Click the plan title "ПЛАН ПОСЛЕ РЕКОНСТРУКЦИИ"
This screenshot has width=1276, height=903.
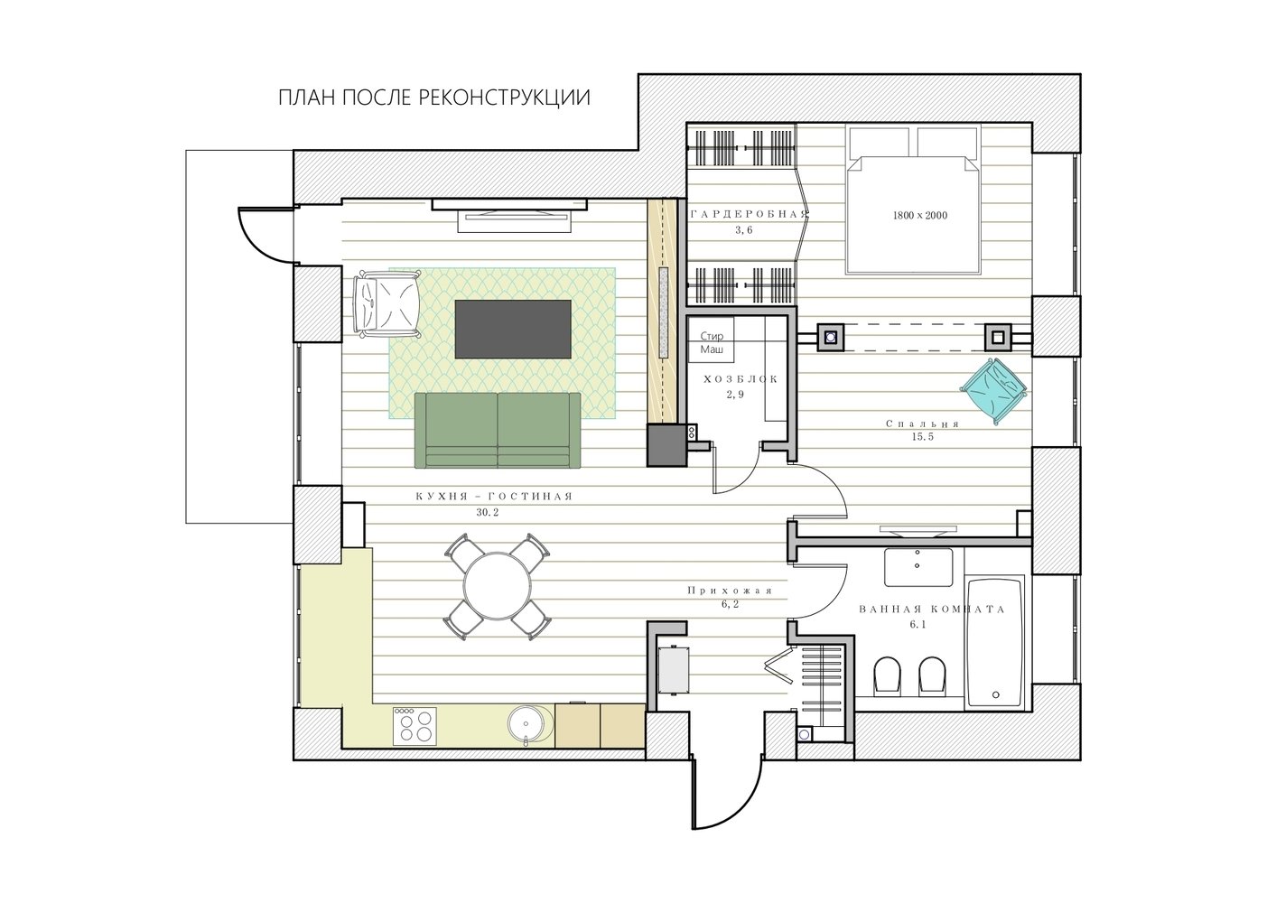click(x=434, y=98)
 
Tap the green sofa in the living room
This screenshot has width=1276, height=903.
click(x=498, y=430)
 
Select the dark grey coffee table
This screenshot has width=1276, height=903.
click(x=513, y=330)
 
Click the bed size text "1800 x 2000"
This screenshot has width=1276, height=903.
click(x=920, y=215)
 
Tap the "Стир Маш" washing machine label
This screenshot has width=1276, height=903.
click(x=712, y=342)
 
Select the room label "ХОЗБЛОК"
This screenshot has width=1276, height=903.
click(x=740, y=379)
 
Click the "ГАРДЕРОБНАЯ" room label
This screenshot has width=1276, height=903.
click(x=749, y=215)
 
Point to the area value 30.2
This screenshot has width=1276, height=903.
click(x=488, y=512)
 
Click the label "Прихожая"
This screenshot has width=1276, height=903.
click(x=730, y=591)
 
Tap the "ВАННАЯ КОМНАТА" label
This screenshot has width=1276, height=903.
click(x=932, y=609)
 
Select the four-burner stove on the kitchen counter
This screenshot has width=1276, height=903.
click(x=414, y=726)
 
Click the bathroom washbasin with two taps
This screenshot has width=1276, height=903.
click(x=918, y=567)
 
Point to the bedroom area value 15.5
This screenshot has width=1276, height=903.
click(x=923, y=437)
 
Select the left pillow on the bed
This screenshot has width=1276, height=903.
click(x=880, y=143)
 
